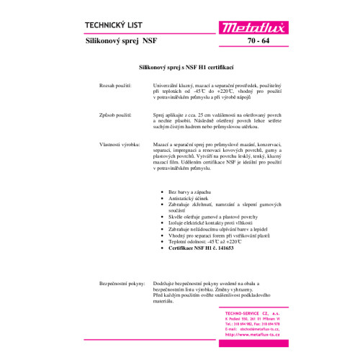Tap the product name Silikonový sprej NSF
121,42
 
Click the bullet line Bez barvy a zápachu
189,193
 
